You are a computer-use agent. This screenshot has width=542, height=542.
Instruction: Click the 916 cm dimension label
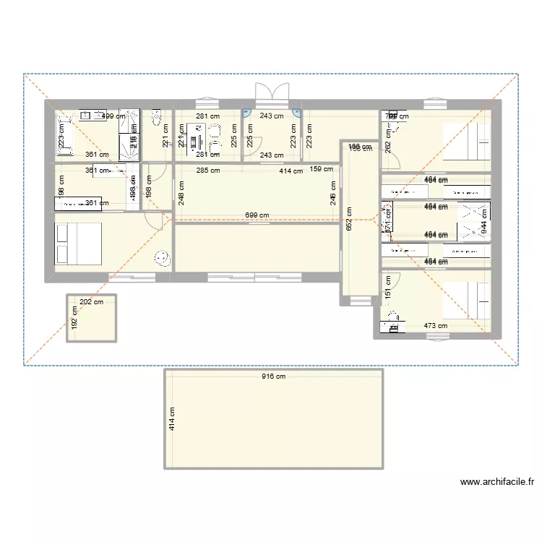coord(274,377)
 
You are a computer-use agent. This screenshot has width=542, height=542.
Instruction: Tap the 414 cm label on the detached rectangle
coord(172,418)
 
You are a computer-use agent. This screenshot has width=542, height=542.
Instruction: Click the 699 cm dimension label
coord(257,215)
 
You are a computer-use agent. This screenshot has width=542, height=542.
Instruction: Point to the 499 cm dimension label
coord(113,116)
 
